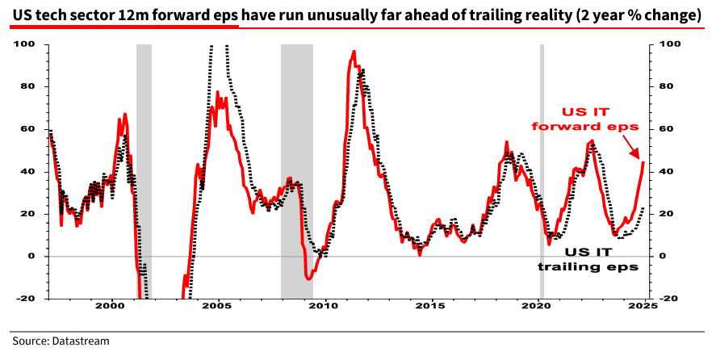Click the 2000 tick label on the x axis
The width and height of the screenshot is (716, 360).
110,307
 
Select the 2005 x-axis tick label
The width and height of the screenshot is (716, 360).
217,307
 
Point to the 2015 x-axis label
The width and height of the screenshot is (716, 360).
432,307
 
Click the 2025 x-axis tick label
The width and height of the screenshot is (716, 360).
643,307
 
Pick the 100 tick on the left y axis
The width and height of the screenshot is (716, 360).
27,44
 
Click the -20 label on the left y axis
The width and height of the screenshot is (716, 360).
27,299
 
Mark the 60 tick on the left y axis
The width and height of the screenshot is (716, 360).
31,128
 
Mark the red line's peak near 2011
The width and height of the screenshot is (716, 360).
354,52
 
